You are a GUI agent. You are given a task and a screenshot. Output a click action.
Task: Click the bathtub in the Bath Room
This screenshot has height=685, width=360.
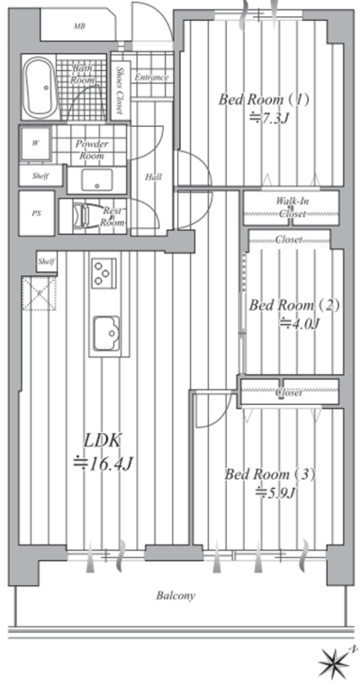point(40,87)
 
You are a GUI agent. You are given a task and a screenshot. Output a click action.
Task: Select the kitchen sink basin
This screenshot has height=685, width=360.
point(106,333)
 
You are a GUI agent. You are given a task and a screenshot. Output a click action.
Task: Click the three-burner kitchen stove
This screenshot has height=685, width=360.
point(103,273)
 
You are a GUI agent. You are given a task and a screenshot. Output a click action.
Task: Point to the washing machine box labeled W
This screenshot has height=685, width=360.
point(35,144)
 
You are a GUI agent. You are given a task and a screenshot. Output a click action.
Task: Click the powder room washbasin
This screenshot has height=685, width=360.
point(96,179)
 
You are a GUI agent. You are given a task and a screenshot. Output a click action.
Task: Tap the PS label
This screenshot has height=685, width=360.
point(36,214)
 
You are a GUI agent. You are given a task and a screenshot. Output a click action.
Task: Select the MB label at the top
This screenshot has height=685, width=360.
point(79,26)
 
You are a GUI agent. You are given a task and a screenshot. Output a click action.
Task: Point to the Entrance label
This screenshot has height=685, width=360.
point(151,77)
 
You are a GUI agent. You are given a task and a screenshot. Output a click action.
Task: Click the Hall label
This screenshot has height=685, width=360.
point(153,177)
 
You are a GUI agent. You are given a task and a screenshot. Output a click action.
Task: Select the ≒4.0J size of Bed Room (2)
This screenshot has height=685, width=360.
point(300,323)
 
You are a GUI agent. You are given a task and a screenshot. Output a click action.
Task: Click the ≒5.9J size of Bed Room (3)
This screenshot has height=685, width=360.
point(276,492)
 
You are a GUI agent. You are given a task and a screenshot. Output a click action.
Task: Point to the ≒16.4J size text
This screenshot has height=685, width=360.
point(102,463)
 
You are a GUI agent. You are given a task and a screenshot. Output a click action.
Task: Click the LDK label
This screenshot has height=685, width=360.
point(102,440)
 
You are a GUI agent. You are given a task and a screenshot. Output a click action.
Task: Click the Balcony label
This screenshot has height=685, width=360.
point(175,596)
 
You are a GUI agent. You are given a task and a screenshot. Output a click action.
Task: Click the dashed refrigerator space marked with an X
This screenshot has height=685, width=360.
point(39,293)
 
